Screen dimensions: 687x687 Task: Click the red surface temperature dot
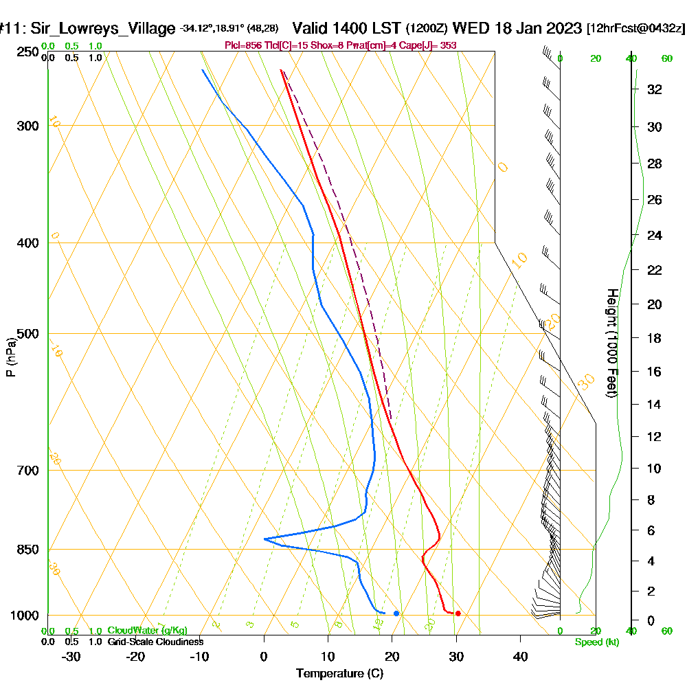point(458,613)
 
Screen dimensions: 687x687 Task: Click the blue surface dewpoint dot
point(396,613)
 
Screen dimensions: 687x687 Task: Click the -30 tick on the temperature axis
point(71,657)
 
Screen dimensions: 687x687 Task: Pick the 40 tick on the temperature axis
point(520,657)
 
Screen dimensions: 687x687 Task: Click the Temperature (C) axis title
point(339,674)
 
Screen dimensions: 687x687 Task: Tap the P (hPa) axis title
point(10,357)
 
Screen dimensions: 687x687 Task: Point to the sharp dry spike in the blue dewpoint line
point(264,539)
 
